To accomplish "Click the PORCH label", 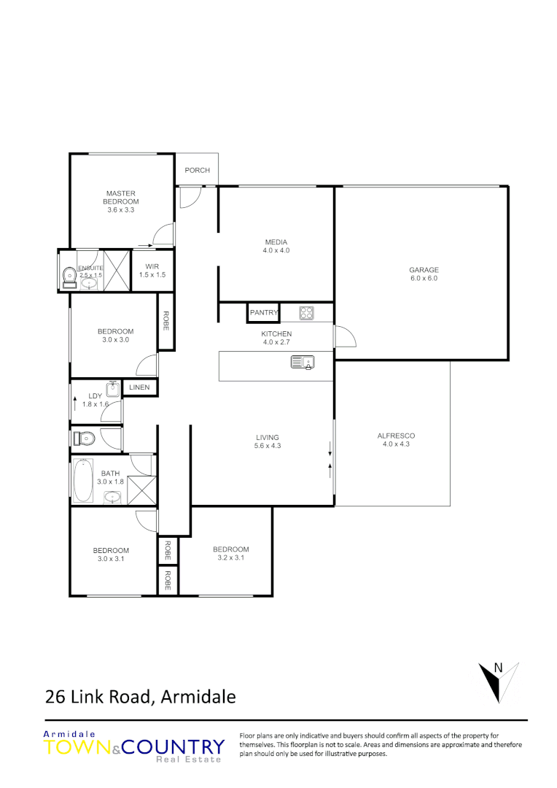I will point(197,170).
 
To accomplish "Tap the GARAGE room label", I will point(423,270).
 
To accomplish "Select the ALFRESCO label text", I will point(396,436).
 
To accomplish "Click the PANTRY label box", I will point(263,312).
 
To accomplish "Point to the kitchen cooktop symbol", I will point(306,312).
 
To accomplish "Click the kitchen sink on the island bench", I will point(301,361).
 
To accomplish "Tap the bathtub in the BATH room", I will point(83,479).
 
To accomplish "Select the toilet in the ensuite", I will point(69,275).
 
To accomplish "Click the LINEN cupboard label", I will point(140,388).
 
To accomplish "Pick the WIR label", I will point(152,266).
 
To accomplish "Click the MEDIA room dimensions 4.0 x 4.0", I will point(276,250).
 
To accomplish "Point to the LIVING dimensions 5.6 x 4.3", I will point(267,445).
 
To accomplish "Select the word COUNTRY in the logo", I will point(173,747).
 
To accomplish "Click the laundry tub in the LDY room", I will point(113,388).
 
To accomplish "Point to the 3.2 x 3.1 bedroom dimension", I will point(231,557).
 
